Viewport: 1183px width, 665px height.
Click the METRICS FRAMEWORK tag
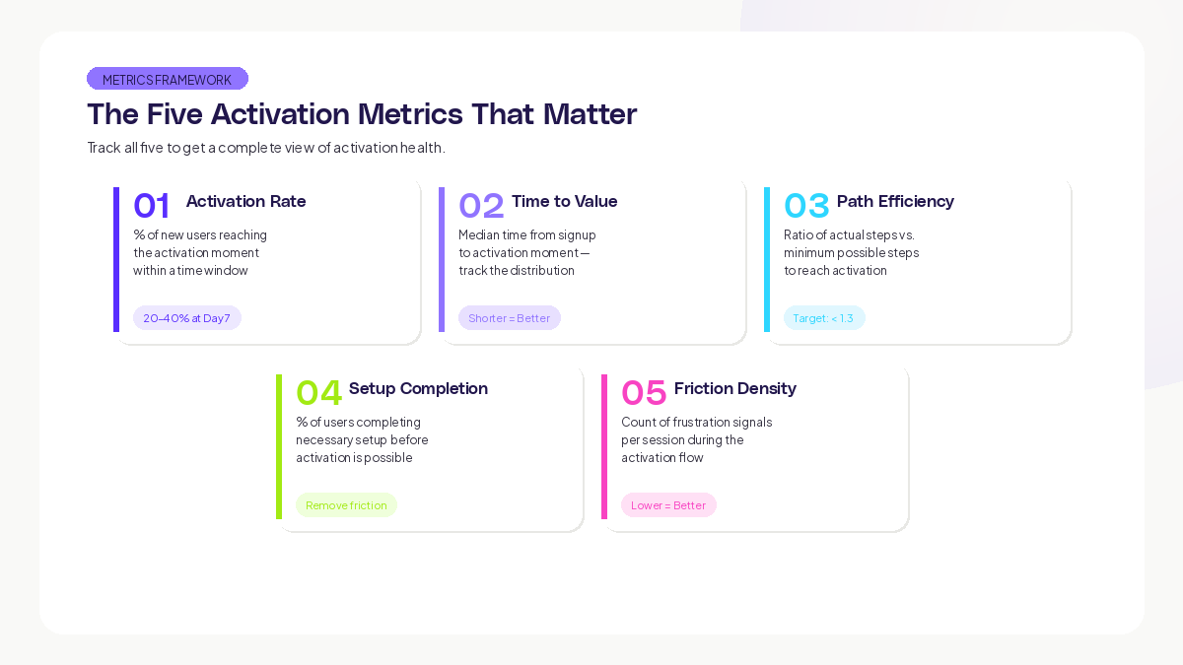[x=167, y=79]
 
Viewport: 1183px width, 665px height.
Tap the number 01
[x=152, y=205]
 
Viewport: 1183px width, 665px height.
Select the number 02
[x=481, y=205]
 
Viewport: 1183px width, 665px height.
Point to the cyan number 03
[x=806, y=205]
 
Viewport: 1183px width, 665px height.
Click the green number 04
[x=318, y=392]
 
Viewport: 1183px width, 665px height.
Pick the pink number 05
[x=644, y=392]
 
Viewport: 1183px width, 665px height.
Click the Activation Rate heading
[x=245, y=201]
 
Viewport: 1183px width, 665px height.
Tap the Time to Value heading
[x=564, y=201]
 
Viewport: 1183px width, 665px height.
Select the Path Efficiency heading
[x=895, y=201]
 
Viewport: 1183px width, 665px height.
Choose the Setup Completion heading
[x=418, y=388]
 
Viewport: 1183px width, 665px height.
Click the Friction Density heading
[x=734, y=388]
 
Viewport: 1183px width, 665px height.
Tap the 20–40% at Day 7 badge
[x=186, y=318]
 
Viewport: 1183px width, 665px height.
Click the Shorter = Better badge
[x=509, y=318]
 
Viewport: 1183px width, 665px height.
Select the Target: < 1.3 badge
[x=823, y=318]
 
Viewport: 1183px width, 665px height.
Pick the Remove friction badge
[x=346, y=505]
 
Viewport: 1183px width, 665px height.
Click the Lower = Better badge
[x=668, y=505]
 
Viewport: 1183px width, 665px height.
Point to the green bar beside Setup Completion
[x=279, y=446]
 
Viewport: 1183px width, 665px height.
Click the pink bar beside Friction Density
[x=604, y=446]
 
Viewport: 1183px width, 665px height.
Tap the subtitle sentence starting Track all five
[x=266, y=148]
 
